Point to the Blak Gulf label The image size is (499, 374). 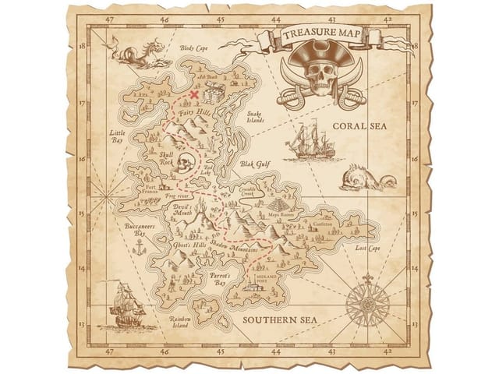(x=254, y=165)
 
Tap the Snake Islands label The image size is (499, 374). (x=256, y=118)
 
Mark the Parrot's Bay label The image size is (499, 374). (x=217, y=280)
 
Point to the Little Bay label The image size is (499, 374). (x=116, y=138)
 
